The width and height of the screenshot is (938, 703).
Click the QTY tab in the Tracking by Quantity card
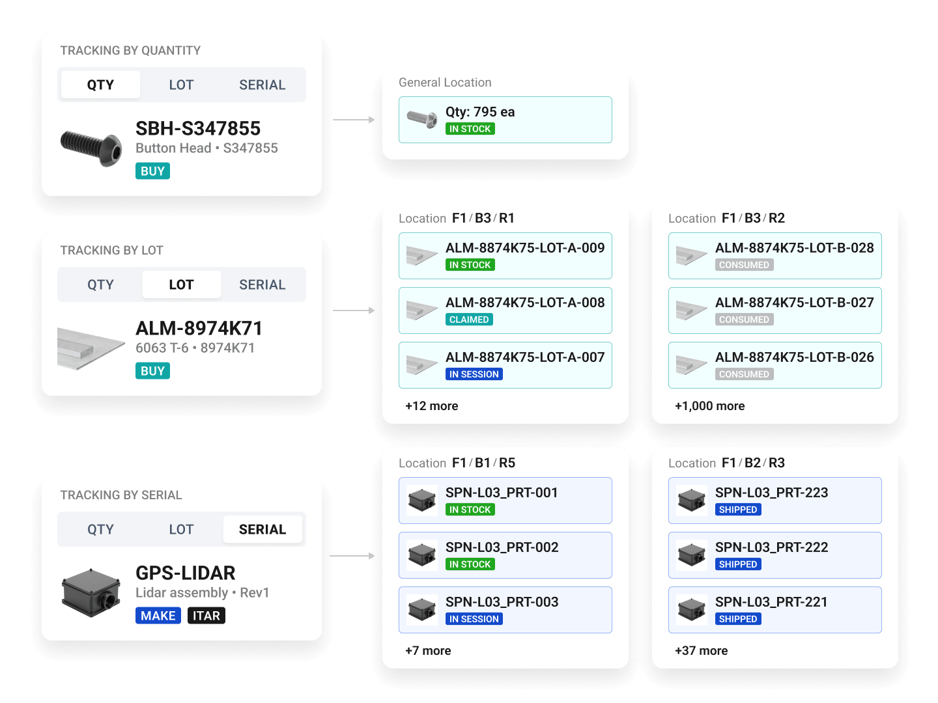click(x=100, y=85)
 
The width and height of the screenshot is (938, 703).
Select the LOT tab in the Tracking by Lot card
click(x=181, y=284)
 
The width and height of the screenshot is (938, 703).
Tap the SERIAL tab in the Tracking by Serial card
click(x=262, y=529)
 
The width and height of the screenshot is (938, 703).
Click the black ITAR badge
click(x=206, y=616)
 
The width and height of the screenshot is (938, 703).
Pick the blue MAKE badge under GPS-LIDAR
click(x=158, y=616)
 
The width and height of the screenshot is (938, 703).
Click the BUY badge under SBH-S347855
click(x=152, y=171)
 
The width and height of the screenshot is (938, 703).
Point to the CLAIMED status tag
click(x=469, y=319)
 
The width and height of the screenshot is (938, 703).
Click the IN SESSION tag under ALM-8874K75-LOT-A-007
click(x=474, y=374)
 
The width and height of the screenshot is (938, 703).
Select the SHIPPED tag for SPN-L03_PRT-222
click(x=738, y=564)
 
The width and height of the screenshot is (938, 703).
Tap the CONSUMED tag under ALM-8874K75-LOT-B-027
click(x=744, y=319)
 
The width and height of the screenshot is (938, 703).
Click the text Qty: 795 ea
click(x=480, y=112)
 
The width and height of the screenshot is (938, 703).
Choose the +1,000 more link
click(x=709, y=406)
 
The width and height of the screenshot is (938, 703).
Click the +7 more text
click(x=428, y=650)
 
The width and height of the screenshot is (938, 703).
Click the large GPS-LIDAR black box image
click(x=91, y=593)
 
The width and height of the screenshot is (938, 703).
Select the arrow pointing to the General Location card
click(x=354, y=120)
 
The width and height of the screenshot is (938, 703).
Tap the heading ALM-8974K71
click(x=199, y=328)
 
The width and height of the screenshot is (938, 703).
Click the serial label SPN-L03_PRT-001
click(x=502, y=493)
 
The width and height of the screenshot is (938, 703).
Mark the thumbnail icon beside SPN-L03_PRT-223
click(x=691, y=501)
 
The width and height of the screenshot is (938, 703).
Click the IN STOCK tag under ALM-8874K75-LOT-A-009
click(x=470, y=265)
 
